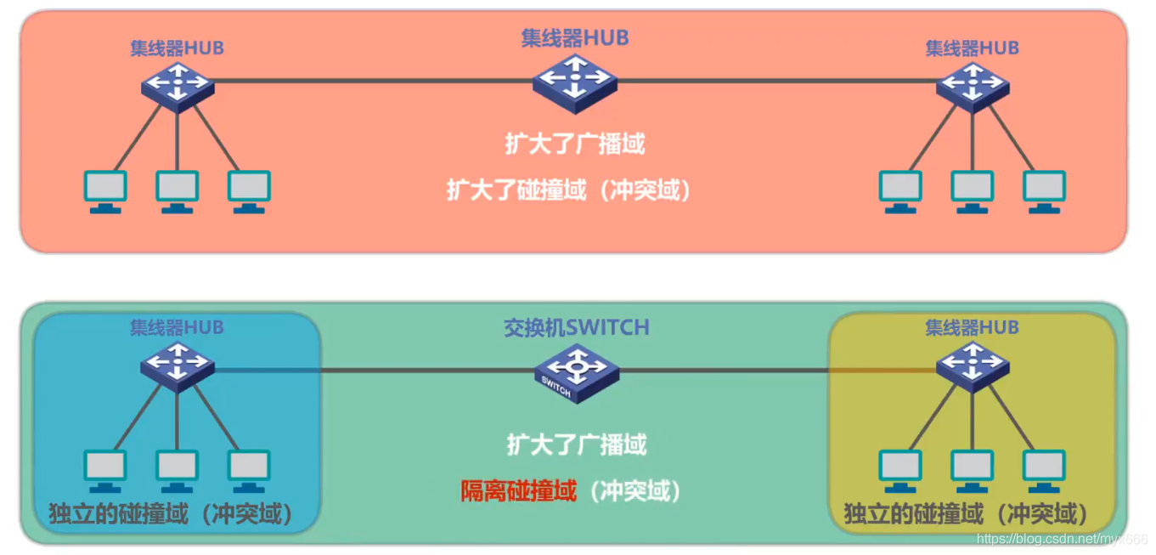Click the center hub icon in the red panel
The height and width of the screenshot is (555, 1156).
click(575, 82)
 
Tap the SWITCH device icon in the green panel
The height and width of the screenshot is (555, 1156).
click(577, 373)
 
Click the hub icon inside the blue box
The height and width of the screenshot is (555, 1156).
click(178, 366)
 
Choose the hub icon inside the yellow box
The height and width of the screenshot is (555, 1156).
click(973, 366)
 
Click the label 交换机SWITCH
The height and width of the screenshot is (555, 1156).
click(577, 327)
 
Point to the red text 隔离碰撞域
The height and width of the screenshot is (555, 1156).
click(519, 490)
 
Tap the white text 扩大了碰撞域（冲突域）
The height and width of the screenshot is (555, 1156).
click(570, 190)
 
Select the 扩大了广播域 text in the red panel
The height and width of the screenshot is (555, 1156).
click(575, 144)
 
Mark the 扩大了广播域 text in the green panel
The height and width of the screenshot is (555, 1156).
click(577, 444)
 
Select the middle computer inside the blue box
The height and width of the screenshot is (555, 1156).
click(177, 470)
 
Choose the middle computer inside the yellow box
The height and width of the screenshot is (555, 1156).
click(973, 470)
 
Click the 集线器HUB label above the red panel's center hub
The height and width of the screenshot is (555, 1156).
click(575, 37)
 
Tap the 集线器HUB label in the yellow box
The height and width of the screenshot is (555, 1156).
click(972, 327)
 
